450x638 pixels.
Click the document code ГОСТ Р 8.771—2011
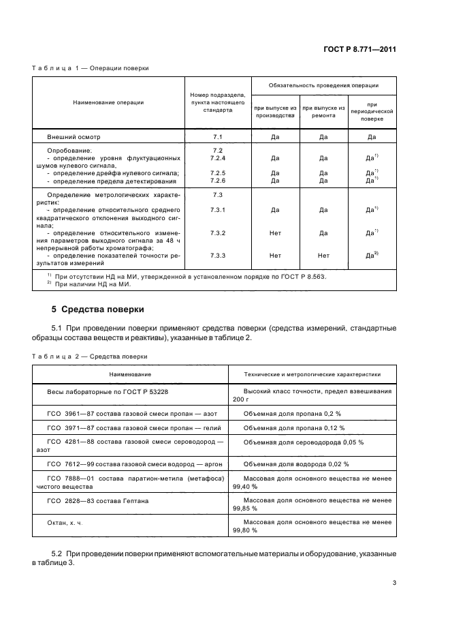click(361, 49)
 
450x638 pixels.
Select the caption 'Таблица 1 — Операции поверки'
click(90, 68)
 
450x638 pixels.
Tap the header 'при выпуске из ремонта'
click(323, 112)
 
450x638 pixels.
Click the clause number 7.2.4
click(218, 157)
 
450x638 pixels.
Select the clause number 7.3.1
click(218, 210)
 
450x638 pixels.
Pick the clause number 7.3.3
click(218, 256)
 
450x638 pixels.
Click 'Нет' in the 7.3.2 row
click(275, 233)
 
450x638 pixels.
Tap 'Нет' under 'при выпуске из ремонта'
click(323, 256)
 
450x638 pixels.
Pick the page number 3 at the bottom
click(394, 583)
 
